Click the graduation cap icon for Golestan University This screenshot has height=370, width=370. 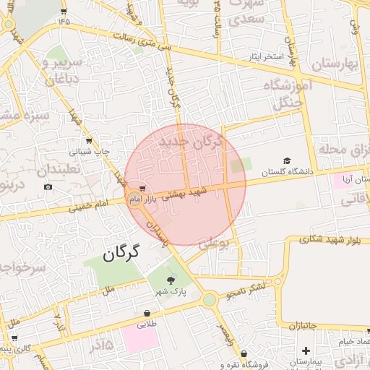tap(287, 160)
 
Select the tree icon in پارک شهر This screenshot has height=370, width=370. tap(171, 280)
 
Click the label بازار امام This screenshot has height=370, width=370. tap(149, 197)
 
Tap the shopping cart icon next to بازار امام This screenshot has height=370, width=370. tap(131, 189)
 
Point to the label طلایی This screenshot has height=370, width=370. tap(148, 324)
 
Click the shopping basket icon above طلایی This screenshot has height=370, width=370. tap(147, 314)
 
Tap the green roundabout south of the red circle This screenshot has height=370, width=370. tap(209, 299)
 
